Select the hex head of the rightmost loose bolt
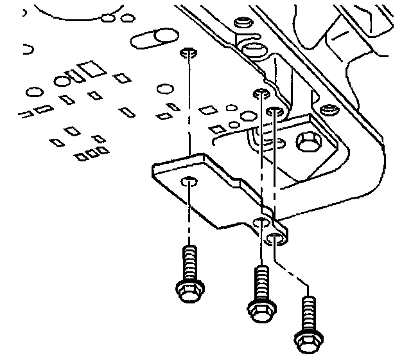308,338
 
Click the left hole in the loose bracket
188,182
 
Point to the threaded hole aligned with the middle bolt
260,93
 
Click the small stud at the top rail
243,22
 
